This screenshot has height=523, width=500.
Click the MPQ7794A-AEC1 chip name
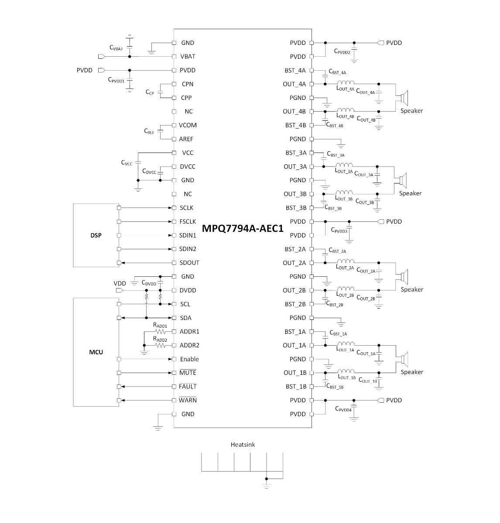[243, 228]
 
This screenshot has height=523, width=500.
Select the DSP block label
[96, 235]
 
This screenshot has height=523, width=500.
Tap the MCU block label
[96, 352]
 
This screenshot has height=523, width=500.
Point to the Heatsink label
[243, 445]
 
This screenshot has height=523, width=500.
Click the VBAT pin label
[188, 57]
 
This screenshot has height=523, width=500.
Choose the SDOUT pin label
[189, 263]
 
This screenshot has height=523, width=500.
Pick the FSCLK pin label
[188, 222]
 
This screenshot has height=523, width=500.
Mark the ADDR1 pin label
[189, 332]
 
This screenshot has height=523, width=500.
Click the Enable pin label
[189, 359]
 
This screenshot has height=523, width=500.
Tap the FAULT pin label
[188, 387]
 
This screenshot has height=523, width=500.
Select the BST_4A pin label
[295, 71]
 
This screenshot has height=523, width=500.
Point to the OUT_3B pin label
[295, 194]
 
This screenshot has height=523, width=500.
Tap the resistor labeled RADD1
[160, 331]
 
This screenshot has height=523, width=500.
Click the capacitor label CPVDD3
[339, 230]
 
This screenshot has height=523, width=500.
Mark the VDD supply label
[120, 283]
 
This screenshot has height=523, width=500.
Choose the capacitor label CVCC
[127, 163]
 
